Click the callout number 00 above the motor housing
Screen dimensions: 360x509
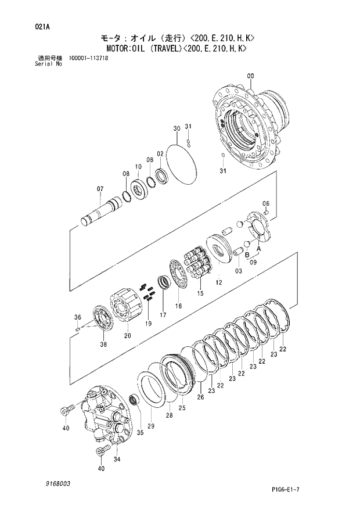point(250,76)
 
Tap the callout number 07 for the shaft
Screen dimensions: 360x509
point(100,189)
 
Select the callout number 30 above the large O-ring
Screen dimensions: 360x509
point(177,128)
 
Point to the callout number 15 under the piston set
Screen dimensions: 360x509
point(200,293)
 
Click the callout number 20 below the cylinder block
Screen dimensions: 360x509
point(128,336)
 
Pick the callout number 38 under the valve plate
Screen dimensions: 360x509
point(103,345)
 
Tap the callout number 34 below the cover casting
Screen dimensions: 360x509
point(117,459)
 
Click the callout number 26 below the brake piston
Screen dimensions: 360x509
point(200,397)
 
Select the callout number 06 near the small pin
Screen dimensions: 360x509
point(266,203)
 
